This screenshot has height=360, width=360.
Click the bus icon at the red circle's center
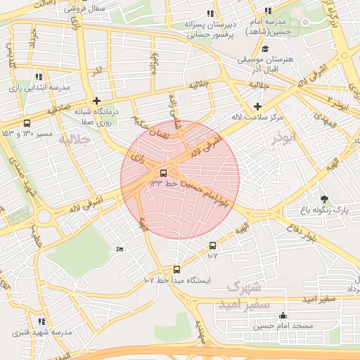coord(163,172)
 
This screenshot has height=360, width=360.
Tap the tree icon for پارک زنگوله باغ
coord(324,198)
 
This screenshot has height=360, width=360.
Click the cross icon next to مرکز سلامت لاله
coord(258,105)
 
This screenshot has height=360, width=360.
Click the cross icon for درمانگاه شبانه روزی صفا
coord(96,101)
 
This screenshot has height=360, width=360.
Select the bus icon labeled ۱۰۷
coord(212,245)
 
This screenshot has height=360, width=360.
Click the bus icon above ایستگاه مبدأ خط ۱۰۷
coord(176,269)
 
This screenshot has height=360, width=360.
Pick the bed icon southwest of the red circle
coord(120,249)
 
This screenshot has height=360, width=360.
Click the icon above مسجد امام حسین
coord(283,316)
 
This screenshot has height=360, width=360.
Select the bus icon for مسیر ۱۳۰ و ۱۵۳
coord(27,123)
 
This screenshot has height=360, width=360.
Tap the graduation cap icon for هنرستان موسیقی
coord(265,49)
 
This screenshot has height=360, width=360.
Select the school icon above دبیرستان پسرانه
coord(210,13)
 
